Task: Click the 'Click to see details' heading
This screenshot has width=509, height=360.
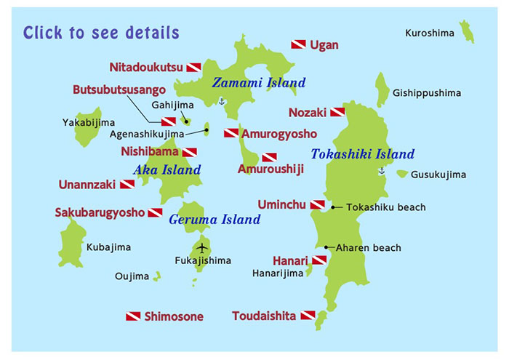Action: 101,33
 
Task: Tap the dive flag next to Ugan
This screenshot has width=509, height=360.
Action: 298,45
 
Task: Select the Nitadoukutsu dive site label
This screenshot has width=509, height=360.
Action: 146,68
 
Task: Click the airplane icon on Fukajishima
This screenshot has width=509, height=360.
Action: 203,245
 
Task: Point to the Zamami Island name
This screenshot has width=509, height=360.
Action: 258,83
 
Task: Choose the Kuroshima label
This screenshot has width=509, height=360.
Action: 430,33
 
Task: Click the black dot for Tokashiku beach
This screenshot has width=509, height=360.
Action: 333,208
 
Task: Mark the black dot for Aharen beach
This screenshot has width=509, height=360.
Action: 327,247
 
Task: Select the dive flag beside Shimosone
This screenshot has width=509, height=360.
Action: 133,316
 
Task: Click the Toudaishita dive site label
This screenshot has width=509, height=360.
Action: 264,316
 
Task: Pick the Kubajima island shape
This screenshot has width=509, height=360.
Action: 71,243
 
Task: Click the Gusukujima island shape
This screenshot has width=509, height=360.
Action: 402,175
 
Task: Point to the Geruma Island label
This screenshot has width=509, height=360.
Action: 215,219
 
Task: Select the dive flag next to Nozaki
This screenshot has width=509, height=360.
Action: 337,113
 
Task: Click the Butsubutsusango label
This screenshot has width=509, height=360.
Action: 119,89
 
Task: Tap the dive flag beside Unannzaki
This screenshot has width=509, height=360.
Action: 127,185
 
